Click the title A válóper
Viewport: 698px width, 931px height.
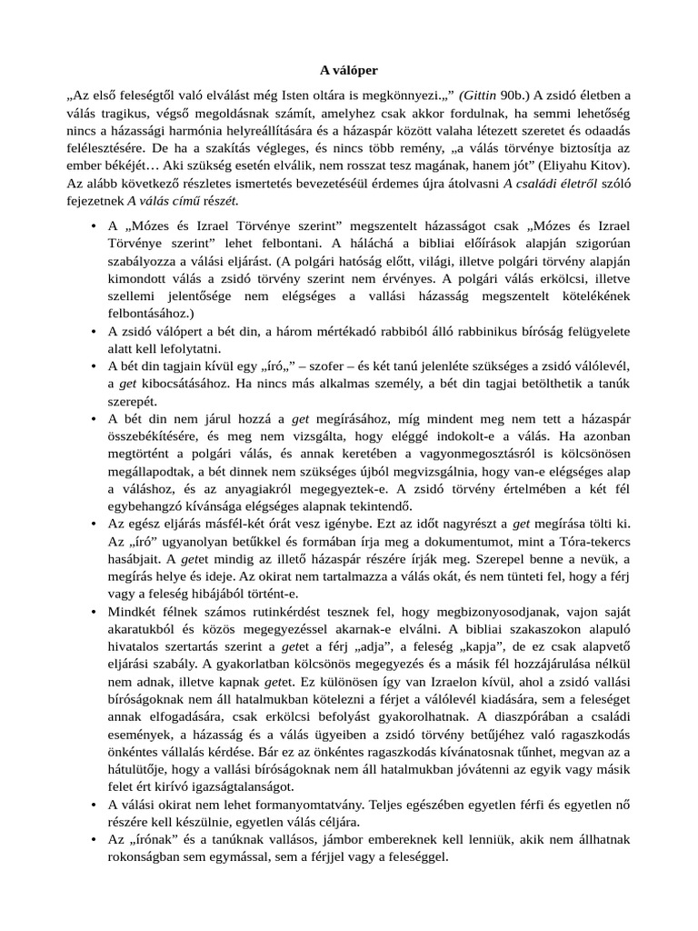pyautogui.click(x=349, y=69)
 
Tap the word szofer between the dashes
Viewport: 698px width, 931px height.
pyautogui.click(x=341, y=366)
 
